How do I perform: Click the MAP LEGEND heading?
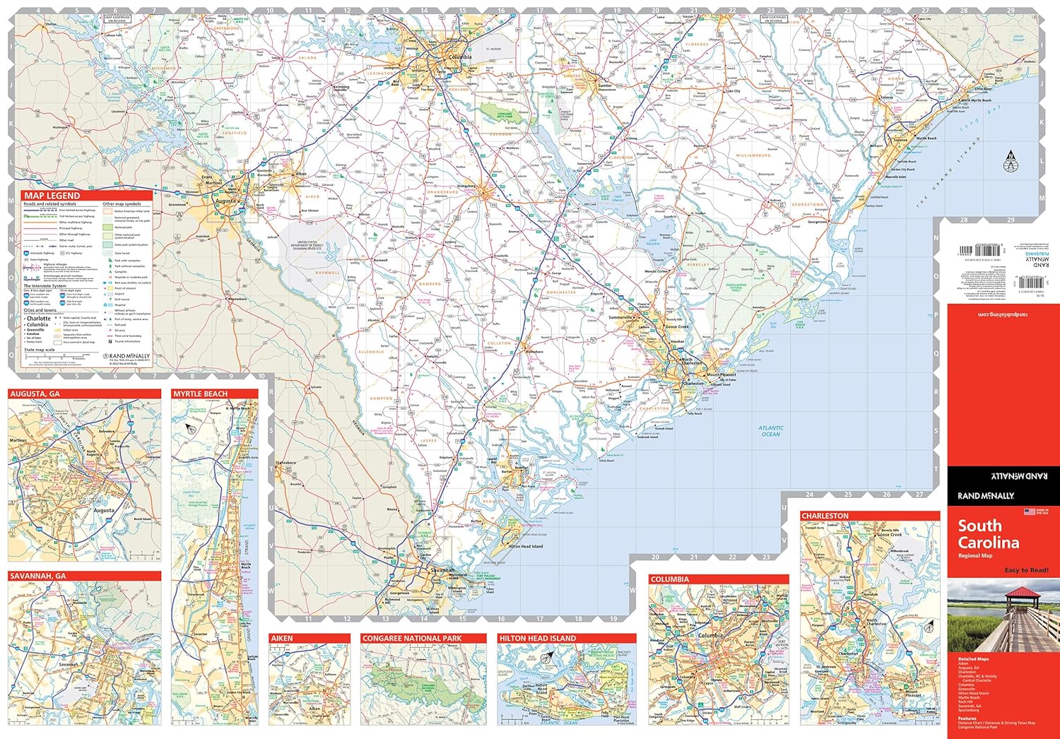coord(52,196)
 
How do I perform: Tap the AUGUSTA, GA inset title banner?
coord(35,394)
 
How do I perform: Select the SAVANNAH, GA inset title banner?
coord(38,577)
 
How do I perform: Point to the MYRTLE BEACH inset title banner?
coord(201,394)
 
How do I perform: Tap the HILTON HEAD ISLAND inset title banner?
coord(537,638)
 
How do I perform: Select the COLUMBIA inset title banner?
coord(669,579)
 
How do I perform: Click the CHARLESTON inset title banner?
coord(825,516)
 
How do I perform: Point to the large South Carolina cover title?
coord(988,534)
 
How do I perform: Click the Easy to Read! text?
coord(1026,570)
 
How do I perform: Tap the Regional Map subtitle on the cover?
coord(975,556)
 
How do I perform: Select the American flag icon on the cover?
coord(1030,512)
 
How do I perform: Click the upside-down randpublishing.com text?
coord(1003,314)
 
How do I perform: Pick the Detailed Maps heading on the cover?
coord(973,659)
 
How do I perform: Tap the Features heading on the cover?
coord(967,719)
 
